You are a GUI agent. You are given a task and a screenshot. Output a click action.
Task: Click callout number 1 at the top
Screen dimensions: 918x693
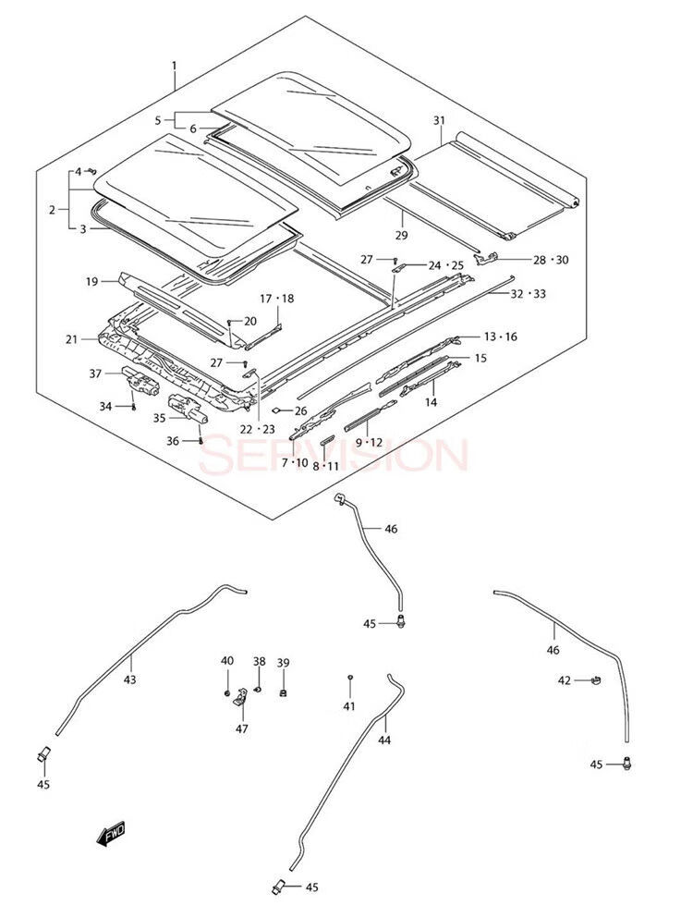click(173, 66)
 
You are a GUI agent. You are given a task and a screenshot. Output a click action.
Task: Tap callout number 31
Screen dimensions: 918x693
click(439, 121)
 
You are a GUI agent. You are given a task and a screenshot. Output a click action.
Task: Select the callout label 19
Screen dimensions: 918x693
click(92, 280)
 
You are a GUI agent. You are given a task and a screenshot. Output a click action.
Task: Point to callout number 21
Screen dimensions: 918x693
click(71, 340)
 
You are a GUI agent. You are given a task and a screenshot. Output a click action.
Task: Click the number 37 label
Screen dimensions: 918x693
click(95, 373)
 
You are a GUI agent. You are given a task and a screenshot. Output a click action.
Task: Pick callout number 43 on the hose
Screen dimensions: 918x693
click(129, 679)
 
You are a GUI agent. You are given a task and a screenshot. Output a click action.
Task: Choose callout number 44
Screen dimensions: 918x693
click(384, 740)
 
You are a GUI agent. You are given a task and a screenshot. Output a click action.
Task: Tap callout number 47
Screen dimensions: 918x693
click(241, 729)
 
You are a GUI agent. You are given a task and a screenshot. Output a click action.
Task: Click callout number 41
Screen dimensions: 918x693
click(348, 706)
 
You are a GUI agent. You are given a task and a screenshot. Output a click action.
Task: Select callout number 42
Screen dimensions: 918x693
click(565, 680)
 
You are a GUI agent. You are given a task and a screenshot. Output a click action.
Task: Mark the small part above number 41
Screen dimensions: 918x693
click(349, 679)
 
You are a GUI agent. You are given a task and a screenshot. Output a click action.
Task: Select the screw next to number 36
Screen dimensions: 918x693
click(201, 441)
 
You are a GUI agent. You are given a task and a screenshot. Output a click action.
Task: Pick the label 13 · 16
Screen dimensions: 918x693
click(500, 337)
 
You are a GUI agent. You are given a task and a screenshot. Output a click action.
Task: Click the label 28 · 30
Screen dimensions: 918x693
click(548, 260)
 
